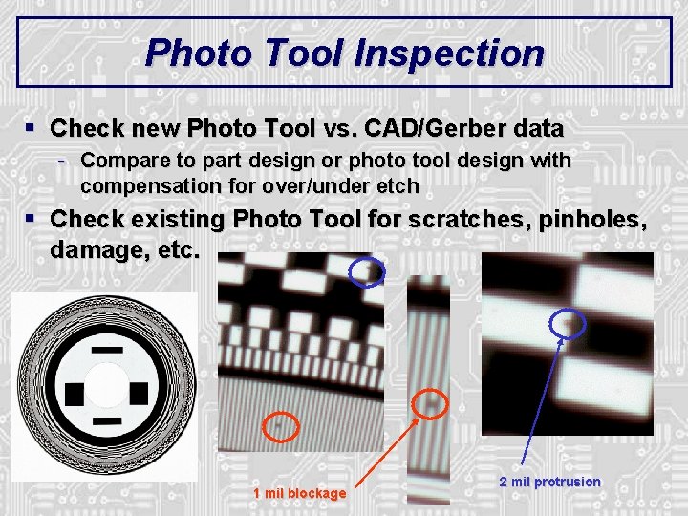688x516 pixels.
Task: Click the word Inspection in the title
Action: pos(449,53)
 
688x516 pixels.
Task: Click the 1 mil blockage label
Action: pos(299,493)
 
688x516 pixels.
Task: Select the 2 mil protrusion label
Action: pos(549,482)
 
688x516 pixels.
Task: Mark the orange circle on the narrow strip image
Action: pos(433,404)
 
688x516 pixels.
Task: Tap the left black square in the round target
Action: pos(75,391)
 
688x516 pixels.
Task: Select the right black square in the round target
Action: pos(139,392)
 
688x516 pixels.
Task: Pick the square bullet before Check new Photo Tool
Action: pos(32,127)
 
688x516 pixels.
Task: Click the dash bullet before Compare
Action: pos(62,160)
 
